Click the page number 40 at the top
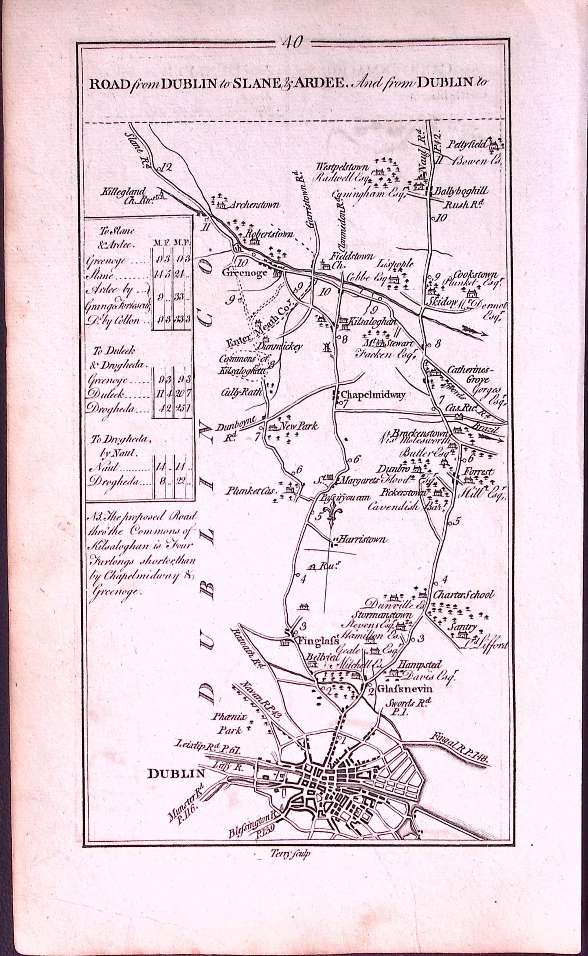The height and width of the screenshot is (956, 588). tap(293, 42)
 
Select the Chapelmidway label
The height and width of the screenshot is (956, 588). tap(373, 395)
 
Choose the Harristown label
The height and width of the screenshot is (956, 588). tap(363, 539)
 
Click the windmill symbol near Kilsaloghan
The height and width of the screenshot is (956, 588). tap(326, 346)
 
